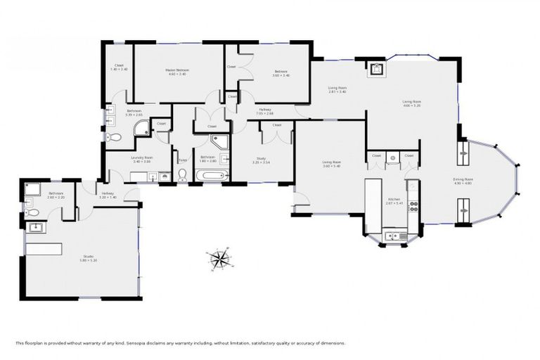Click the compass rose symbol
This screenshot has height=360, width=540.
(219, 259)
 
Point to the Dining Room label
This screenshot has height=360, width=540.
(463, 181)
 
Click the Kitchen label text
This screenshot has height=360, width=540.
(394, 201)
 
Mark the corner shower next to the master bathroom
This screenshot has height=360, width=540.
(143, 128)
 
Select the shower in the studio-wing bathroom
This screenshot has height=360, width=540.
(32, 188)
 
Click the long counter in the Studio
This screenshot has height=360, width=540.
(44, 249)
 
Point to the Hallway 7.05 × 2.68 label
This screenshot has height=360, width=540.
(264, 110)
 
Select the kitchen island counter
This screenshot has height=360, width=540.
(373, 205)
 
